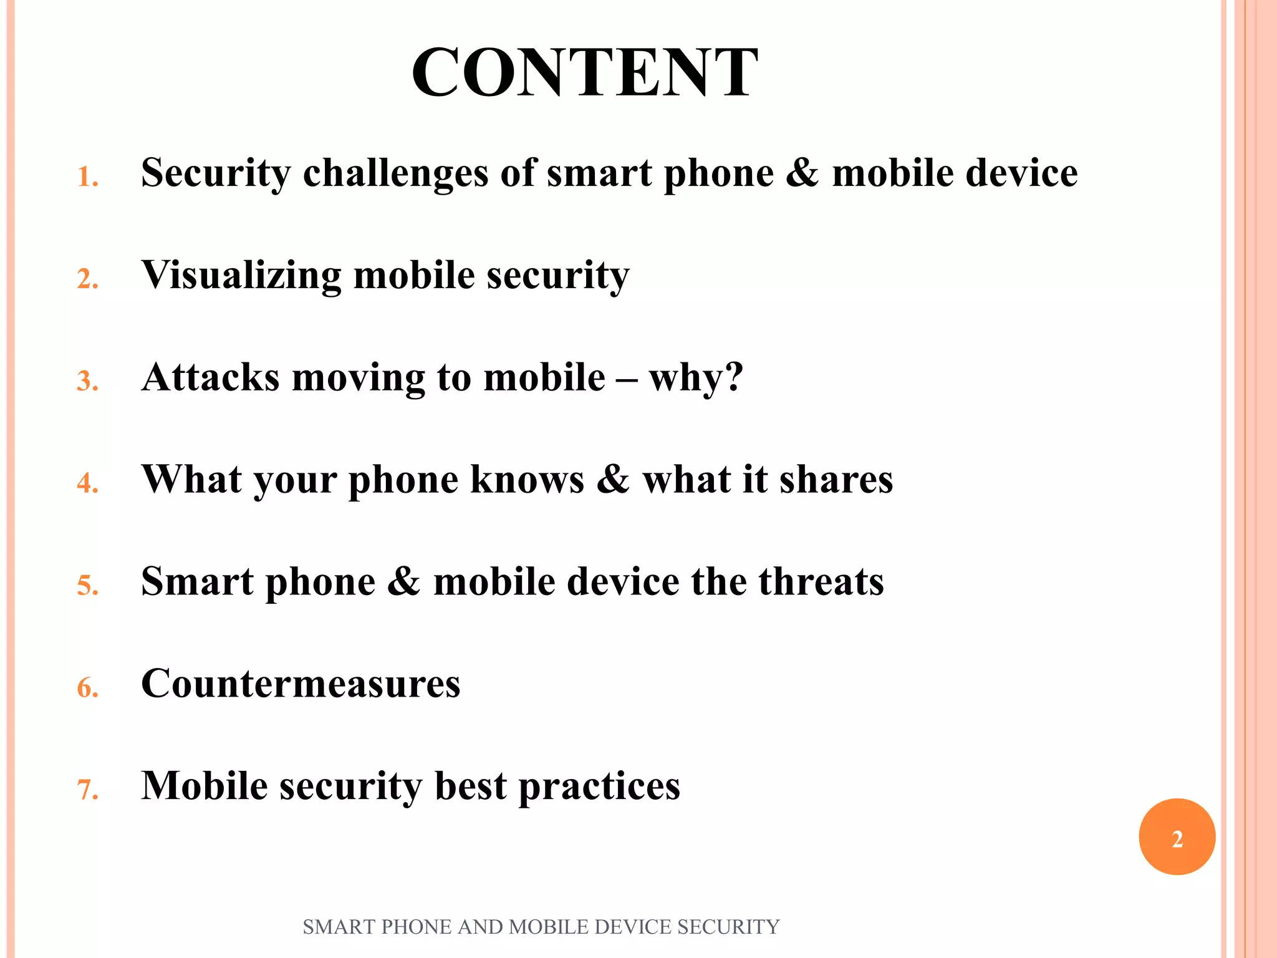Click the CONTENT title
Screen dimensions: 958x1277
click(x=585, y=73)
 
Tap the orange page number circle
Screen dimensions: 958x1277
click(x=1177, y=837)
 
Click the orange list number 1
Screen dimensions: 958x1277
click(x=87, y=177)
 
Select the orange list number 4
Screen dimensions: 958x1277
click(x=87, y=483)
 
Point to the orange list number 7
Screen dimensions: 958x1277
click(x=87, y=790)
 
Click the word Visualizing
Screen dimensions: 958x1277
click(x=241, y=275)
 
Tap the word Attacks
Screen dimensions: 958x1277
click(x=210, y=377)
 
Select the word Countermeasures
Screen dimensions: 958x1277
click(x=301, y=684)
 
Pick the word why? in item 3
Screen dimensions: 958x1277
click(x=696, y=377)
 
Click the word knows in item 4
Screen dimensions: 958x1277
click(x=527, y=480)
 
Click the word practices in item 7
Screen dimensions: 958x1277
click(x=599, y=786)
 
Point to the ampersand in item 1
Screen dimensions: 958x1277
click(x=802, y=173)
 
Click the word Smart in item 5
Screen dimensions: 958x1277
click(x=197, y=582)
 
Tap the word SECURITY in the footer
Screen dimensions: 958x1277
click(x=728, y=927)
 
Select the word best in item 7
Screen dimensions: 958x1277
click(x=470, y=786)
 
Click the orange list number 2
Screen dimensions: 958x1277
click(x=87, y=279)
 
